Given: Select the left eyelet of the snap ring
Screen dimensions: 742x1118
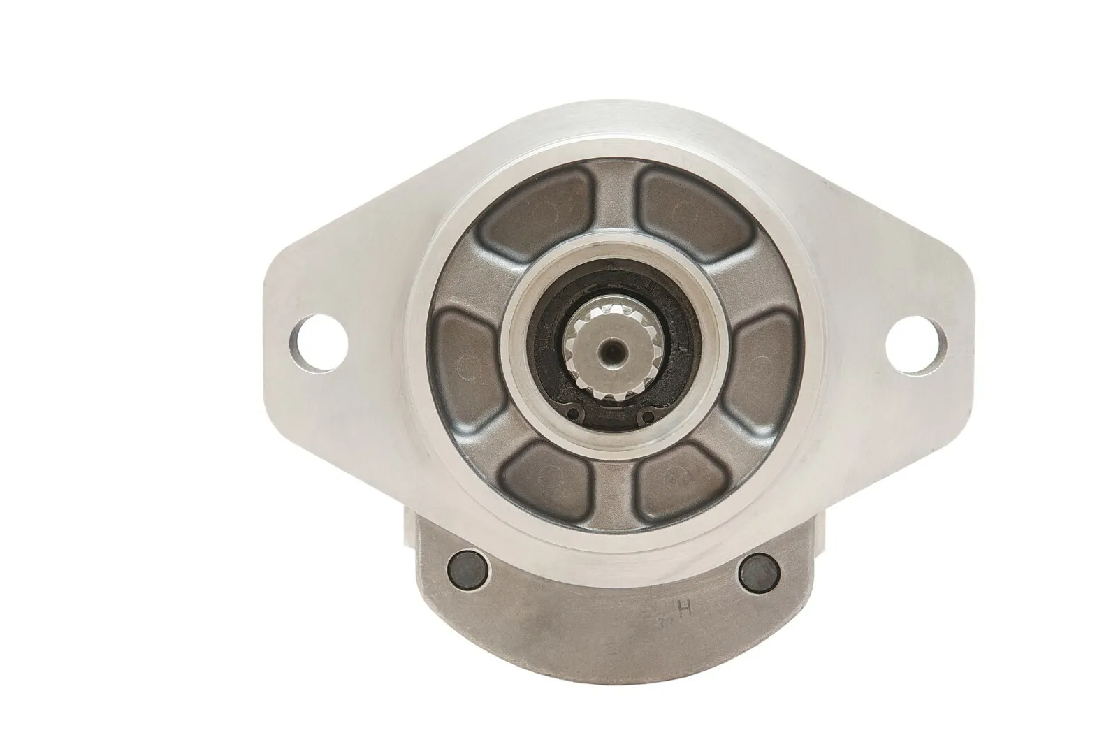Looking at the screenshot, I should tap(574, 414).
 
